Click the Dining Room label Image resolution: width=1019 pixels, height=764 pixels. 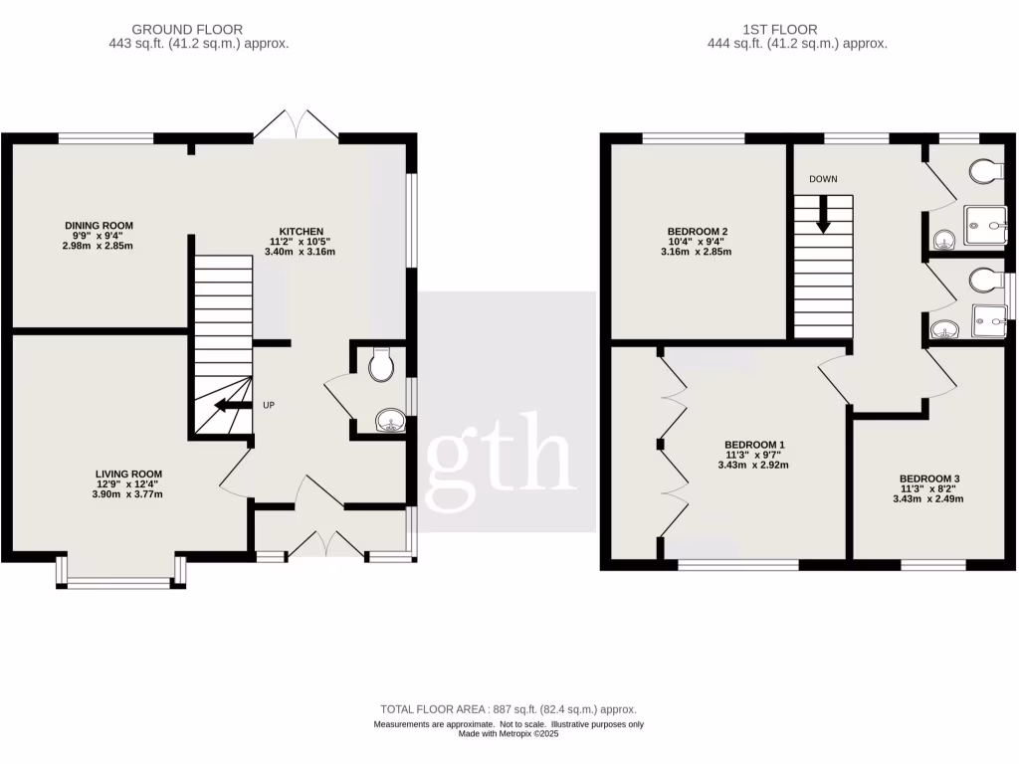pyautogui.click(x=99, y=226)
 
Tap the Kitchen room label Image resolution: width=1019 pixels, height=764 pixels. pyautogui.click(x=300, y=232)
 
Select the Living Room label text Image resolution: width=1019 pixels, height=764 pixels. pyautogui.click(x=128, y=475)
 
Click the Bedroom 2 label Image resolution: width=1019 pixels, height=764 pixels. pyautogui.click(x=696, y=232)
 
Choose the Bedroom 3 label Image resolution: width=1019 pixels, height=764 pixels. pyautogui.click(x=929, y=478)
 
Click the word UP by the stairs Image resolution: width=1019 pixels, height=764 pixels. pyautogui.click(x=269, y=406)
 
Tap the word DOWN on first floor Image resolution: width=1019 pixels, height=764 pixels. pyautogui.click(x=823, y=179)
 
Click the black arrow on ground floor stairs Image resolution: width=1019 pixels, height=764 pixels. pyautogui.click(x=232, y=405)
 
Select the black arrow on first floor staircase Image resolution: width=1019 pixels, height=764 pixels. pyautogui.click(x=823, y=214)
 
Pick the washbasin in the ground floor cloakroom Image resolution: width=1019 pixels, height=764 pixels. pyautogui.click(x=389, y=423)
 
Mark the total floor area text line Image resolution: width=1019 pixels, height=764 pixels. pyautogui.click(x=509, y=709)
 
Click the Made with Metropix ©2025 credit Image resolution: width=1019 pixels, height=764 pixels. pyautogui.click(x=509, y=734)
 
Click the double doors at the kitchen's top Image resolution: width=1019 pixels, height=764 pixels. pyautogui.click(x=298, y=125)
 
